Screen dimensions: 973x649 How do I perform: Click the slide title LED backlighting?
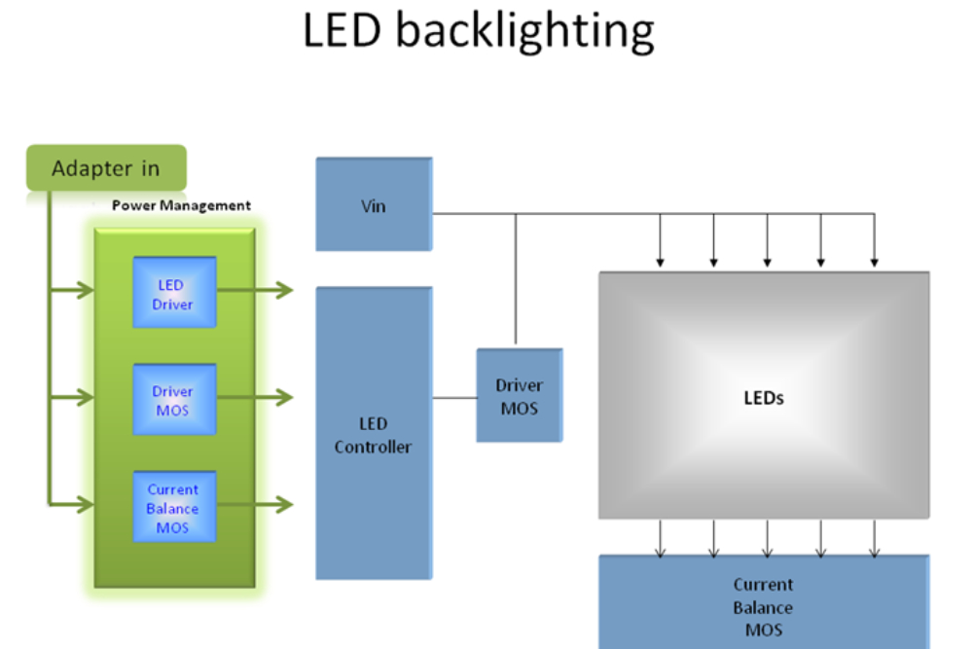(x=479, y=31)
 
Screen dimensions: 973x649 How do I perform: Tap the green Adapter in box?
(x=106, y=167)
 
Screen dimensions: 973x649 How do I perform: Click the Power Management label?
(x=181, y=205)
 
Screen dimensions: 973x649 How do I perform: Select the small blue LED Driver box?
(x=174, y=292)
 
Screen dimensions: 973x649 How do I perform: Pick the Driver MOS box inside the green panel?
(x=174, y=400)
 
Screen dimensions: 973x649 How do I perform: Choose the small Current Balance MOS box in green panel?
(x=174, y=507)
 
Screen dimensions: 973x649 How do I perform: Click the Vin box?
(x=374, y=204)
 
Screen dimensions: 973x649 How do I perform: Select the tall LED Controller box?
(x=374, y=433)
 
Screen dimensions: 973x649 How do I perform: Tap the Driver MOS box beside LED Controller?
(x=520, y=396)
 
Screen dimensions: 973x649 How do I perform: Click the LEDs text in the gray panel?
(x=764, y=398)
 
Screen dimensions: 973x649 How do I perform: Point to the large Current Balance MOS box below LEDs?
(x=764, y=602)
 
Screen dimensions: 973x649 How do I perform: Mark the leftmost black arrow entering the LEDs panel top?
(x=661, y=240)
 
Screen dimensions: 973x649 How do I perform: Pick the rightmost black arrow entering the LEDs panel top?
(x=875, y=240)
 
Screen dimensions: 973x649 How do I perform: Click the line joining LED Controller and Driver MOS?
(x=454, y=398)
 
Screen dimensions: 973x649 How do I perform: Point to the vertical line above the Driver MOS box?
(x=516, y=279)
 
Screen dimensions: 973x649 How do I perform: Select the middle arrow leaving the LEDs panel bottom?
(x=768, y=538)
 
